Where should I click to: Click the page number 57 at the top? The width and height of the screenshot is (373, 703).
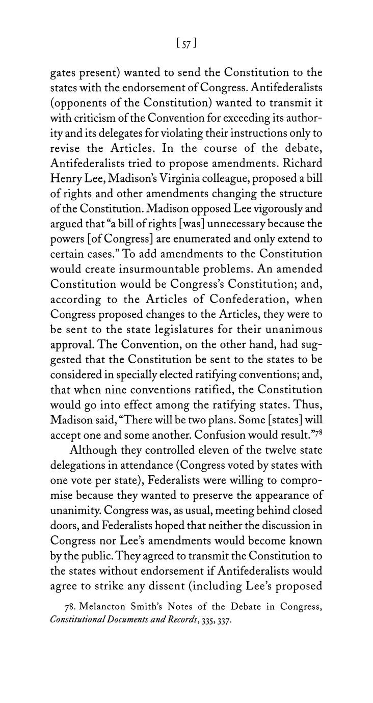(x=186, y=44)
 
